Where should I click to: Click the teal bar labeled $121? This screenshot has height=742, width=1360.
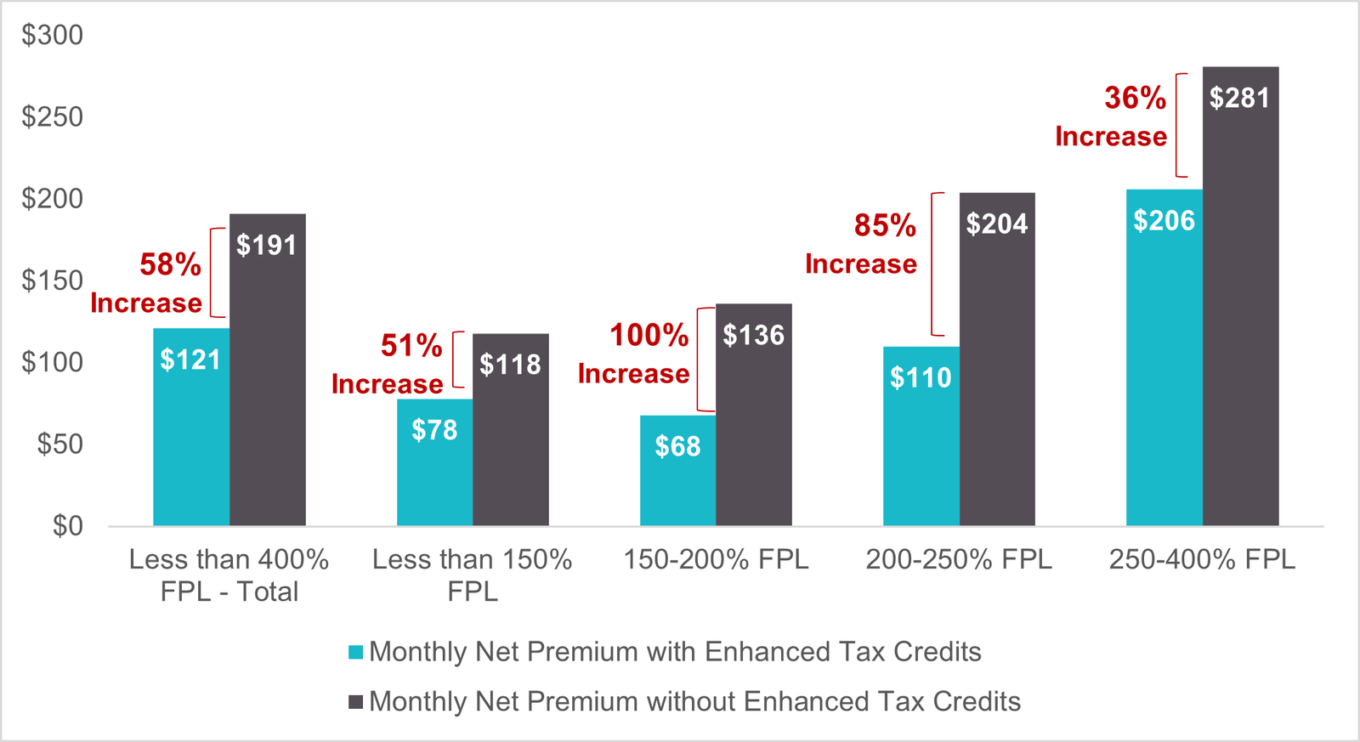[191, 427]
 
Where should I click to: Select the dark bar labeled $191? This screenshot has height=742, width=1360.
[267, 370]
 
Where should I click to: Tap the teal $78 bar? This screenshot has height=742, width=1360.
[434, 462]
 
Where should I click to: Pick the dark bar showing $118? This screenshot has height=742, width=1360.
[510, 429]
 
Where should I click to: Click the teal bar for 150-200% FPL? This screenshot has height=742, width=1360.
[677, 470]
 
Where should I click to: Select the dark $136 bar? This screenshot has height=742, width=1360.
[753, 415]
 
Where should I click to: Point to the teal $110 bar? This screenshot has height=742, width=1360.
[921, 436]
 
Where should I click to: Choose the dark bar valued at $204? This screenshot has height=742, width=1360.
[997, 359]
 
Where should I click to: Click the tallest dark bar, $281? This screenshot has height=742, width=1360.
[1240, 296]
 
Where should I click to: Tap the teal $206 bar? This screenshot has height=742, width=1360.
[1164, 357]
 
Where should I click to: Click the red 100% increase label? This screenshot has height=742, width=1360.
[649, 336]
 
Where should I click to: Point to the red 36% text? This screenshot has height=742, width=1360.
[1135, 99]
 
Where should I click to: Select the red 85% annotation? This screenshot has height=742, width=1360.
[885, 226]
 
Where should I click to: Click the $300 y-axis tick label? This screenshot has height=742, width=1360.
[53, 35]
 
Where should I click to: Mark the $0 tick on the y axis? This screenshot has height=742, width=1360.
[67, 526]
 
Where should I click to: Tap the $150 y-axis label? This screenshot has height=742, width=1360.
[53, 280]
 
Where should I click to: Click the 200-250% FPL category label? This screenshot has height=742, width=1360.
[959, 560]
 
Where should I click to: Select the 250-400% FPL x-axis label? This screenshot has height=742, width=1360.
[1202, 560]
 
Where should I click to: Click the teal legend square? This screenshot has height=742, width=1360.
[356, 653]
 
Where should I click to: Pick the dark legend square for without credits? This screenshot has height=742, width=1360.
[356, 702]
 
